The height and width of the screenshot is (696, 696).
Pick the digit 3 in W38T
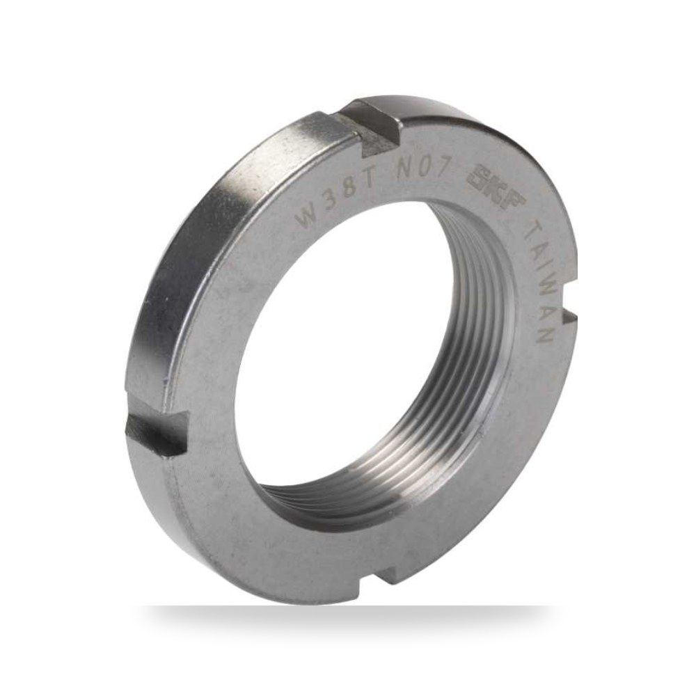coord(334,200)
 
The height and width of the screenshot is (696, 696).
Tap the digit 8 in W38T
coord(352,191)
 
